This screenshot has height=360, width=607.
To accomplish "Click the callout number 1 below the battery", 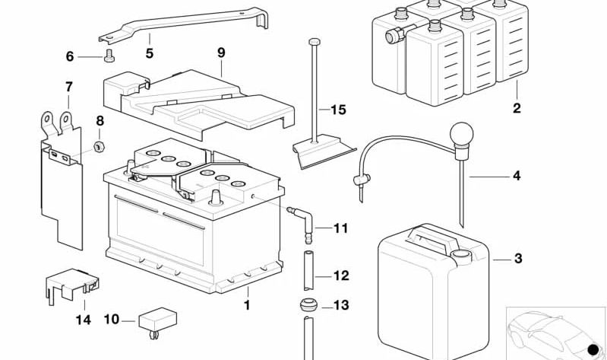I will coord(246,306).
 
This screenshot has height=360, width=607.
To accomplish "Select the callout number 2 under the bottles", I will coord(517,108).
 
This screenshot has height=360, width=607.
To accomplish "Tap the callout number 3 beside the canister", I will coord(518,259).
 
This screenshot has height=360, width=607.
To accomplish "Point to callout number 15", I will coord(338,110).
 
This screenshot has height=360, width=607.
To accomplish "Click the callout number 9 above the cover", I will coord(221,53).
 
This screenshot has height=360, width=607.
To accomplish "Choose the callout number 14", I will coord(84,320).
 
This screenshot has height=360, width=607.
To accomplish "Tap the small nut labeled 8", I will coord(99,145).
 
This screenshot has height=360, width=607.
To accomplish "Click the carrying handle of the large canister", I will coord(429,240).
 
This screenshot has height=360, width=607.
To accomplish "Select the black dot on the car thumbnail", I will coord(593,349).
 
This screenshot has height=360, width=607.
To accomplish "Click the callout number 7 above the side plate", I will coord(68,86).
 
